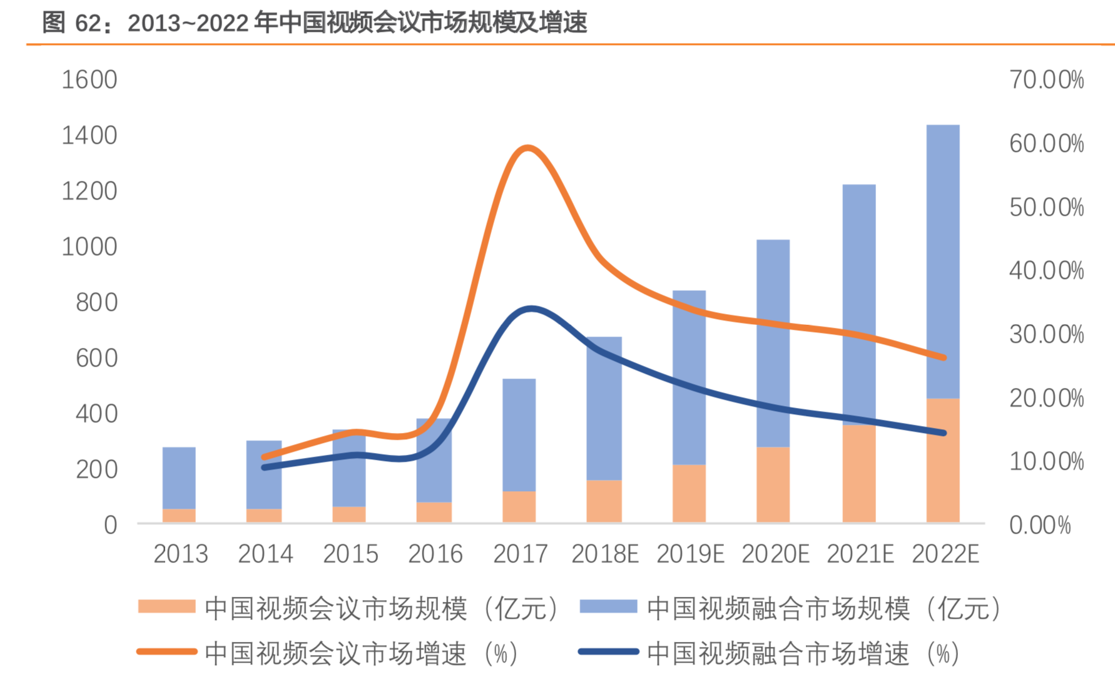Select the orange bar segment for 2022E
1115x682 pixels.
pos(942,460)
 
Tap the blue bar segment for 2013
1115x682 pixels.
pos(179,477)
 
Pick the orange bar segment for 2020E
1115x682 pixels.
pos(773,484)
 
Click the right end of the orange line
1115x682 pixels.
pos(944,358)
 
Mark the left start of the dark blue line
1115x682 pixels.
pos(264,467)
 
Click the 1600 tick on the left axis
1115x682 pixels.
pos(89,80)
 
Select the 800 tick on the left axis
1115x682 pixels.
pos(96,303)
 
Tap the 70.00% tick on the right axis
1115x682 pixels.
pos(1046,80)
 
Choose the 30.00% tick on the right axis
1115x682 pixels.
pos(1046,335)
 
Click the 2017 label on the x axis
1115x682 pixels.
pos(520,554)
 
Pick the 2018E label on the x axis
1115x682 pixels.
pos(604,554)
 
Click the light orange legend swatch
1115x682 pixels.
pos(166,606)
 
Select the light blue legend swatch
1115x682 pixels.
pos(608,606)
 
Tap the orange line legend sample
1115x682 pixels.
pos(166,652)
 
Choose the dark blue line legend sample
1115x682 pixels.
pos(608,652)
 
